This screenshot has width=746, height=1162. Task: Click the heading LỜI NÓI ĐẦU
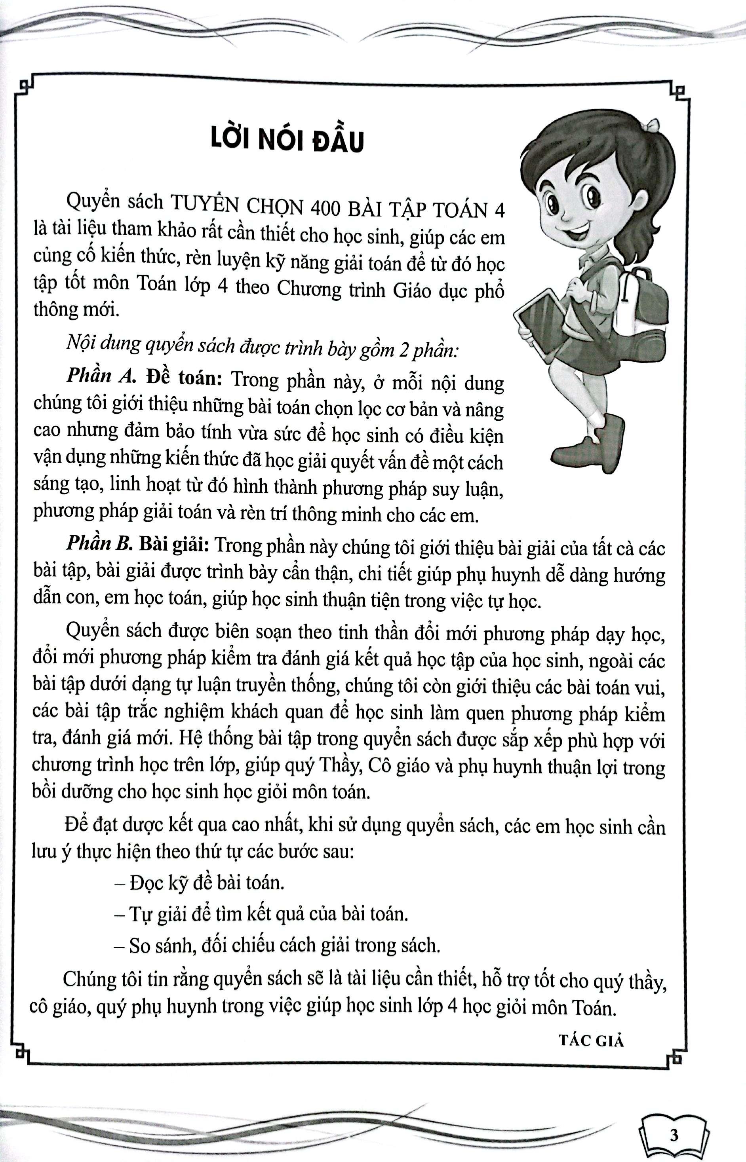coord(287,141)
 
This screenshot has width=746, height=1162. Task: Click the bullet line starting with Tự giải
coord(261,913)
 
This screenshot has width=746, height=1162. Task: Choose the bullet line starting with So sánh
coord(277,945)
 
